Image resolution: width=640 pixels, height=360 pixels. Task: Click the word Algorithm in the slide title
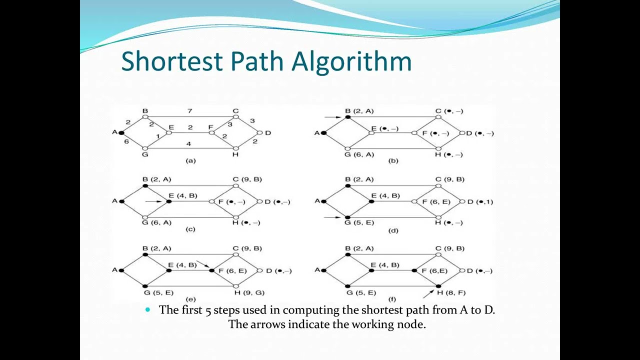[351, 62]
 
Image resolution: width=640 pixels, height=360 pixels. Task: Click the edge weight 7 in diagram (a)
[189, 110]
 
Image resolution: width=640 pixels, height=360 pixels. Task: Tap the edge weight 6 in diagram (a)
[126, 141]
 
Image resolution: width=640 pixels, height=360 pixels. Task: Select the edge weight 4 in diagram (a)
[188, 144]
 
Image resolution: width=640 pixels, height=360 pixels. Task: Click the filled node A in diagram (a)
[121, 132]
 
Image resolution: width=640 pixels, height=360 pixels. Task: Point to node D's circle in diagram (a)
[259, 133]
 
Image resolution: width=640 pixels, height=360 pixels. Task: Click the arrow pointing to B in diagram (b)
[333, 117]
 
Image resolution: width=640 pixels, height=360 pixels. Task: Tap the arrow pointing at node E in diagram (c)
[153, 201]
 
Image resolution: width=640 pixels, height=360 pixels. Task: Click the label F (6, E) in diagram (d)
[436, 202]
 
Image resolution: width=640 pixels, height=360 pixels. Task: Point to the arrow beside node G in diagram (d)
[332, 217]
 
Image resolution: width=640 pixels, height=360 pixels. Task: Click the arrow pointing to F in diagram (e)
[202, 264]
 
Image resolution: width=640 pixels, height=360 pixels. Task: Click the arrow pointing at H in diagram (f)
[428, 292]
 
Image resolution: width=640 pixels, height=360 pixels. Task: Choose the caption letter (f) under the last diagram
[393, 299]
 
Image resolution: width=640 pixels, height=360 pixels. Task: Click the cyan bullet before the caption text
[147, 310]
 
